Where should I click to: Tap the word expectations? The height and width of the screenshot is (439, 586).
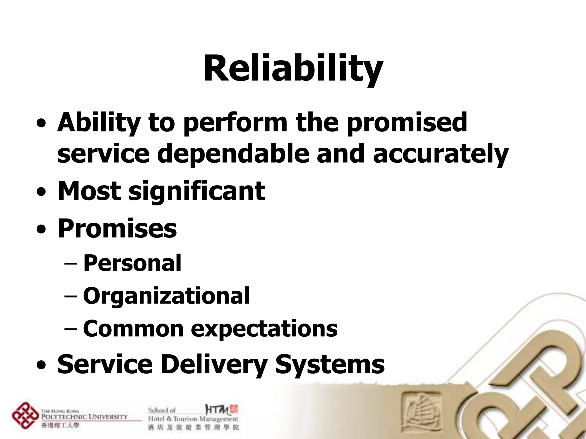(x=264, y=329)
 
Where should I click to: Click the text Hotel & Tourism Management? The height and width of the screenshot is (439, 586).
(x=193, y=419)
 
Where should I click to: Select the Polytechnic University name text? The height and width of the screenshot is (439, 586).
(x=85, y=416)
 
